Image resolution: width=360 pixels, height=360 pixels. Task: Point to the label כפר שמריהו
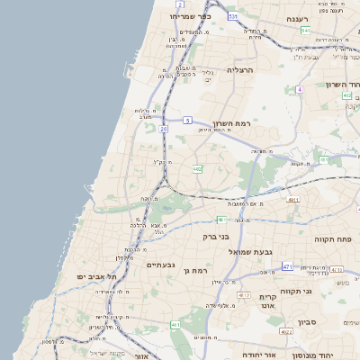(190, 16)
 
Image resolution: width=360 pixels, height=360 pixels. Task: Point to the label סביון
(308, 321)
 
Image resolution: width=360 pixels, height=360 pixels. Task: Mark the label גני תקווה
(321, 292)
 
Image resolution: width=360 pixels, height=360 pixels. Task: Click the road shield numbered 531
(233, 16)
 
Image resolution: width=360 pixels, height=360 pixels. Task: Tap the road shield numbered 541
(306, 31)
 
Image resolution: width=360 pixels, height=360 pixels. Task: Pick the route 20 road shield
(163, 130)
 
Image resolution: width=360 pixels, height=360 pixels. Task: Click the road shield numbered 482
(196, 168)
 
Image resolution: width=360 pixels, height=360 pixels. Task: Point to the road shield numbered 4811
(293, 199)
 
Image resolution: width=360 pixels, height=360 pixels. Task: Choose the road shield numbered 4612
(244, 294)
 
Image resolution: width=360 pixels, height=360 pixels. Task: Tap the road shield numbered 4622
(287, 331)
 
